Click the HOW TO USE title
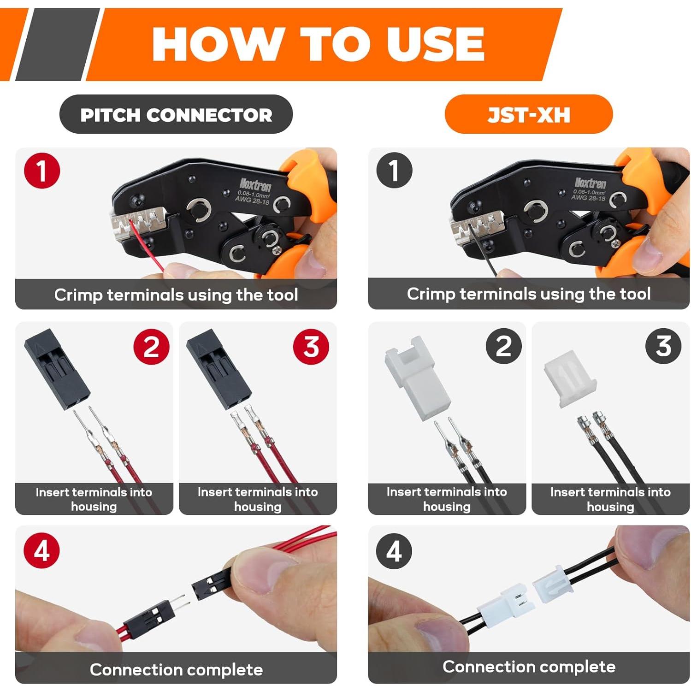(318, 44)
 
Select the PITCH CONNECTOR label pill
(176, 115)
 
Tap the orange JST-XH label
(528, 115)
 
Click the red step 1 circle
(42, 171)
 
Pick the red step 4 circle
(42, 550)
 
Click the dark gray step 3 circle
(663, 346)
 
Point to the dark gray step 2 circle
(504, 346)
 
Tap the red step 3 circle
(311, 346)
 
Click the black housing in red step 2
(57, 369)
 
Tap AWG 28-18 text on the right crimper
(588, 197)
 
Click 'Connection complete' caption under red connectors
(176, 669)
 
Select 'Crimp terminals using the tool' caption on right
(528, 294)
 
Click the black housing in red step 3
(219, 369)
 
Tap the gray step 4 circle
(394, 550)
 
